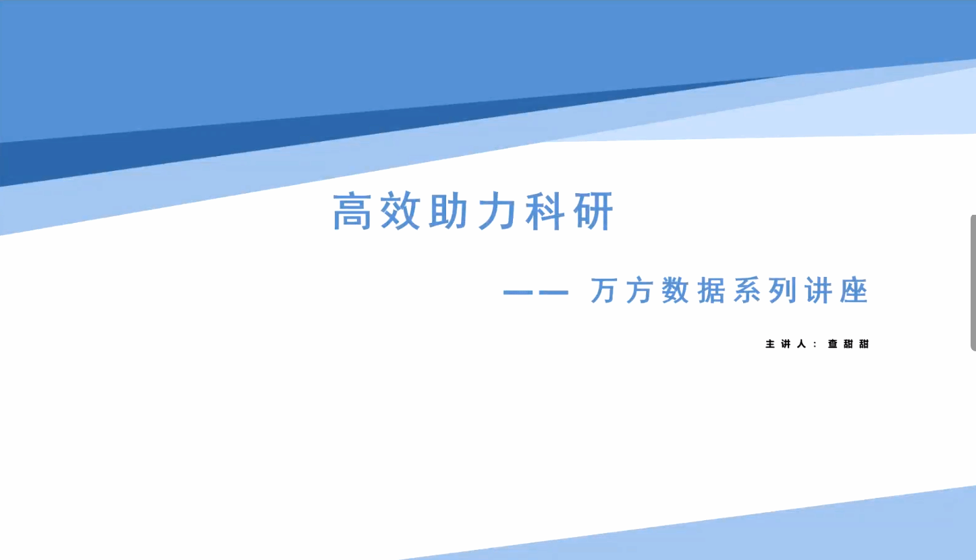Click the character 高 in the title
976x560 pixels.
pyautogui.click(x=352, y=211)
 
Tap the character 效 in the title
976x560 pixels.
pyautogui.click(x=400, y=211)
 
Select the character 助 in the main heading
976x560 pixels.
pyautogui.click(x=448, y=211)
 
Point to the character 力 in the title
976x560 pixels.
pyautogui.click(x=497, y=211)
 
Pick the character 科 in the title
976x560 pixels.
pyautogui.click(x=545, y=211)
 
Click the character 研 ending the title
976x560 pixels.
pyautogui.click(x=593, y=211)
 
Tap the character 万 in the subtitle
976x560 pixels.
pyautogui.click(x=603, y=290)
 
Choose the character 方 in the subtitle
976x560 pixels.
pyautogui.click(x=639, y=290)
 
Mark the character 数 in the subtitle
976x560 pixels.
pyautogui.click(x=675, y=290)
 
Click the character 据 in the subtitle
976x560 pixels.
pyautogui.click(x=711, y=290)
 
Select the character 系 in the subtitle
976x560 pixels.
pyautogui.click(x=747, y=290)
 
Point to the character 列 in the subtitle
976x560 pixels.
pyautogui.click(x=782, y=290)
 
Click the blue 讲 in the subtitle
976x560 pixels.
pyautogui.click(x=819, y=290)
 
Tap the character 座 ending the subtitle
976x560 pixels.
pyautogui.click(x=855, y=290)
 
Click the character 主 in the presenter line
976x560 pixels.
pyautogui.click(x=770, y=344)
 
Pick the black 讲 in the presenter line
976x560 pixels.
pyautogui.click(x=786, y=344)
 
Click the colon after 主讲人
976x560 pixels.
pyautogui.click(x=815, y=345)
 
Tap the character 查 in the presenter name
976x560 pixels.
pyautogui.click(x=833, y=344)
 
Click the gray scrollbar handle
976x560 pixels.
pyautogui.click(x=973, y=282)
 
